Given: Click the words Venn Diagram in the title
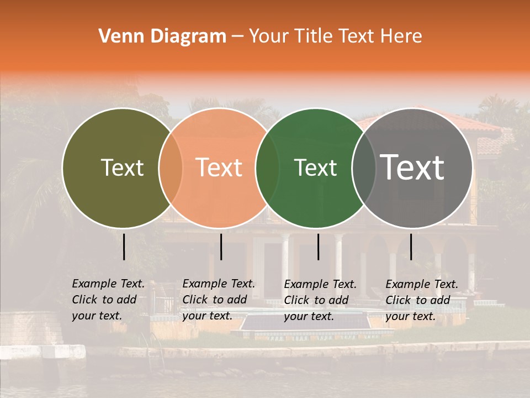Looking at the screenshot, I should pos(162,36).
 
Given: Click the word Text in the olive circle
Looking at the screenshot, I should pos(122,167).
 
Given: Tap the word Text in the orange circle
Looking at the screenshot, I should pos(219,167).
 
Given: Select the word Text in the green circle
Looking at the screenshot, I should pos(316,167).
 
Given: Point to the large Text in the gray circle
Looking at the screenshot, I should pos(412,167).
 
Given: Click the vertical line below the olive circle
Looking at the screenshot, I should pos(124,247).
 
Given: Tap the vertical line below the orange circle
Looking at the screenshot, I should pos(221,247).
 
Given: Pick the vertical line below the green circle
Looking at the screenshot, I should pos(318,247).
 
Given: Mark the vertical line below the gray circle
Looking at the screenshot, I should pos(411,247).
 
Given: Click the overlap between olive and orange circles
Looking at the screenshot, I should pos(171,168).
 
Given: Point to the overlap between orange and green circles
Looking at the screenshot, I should pos(267,168).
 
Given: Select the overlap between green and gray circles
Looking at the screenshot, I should pos(364,168).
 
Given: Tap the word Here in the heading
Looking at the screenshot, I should pos(401,36).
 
